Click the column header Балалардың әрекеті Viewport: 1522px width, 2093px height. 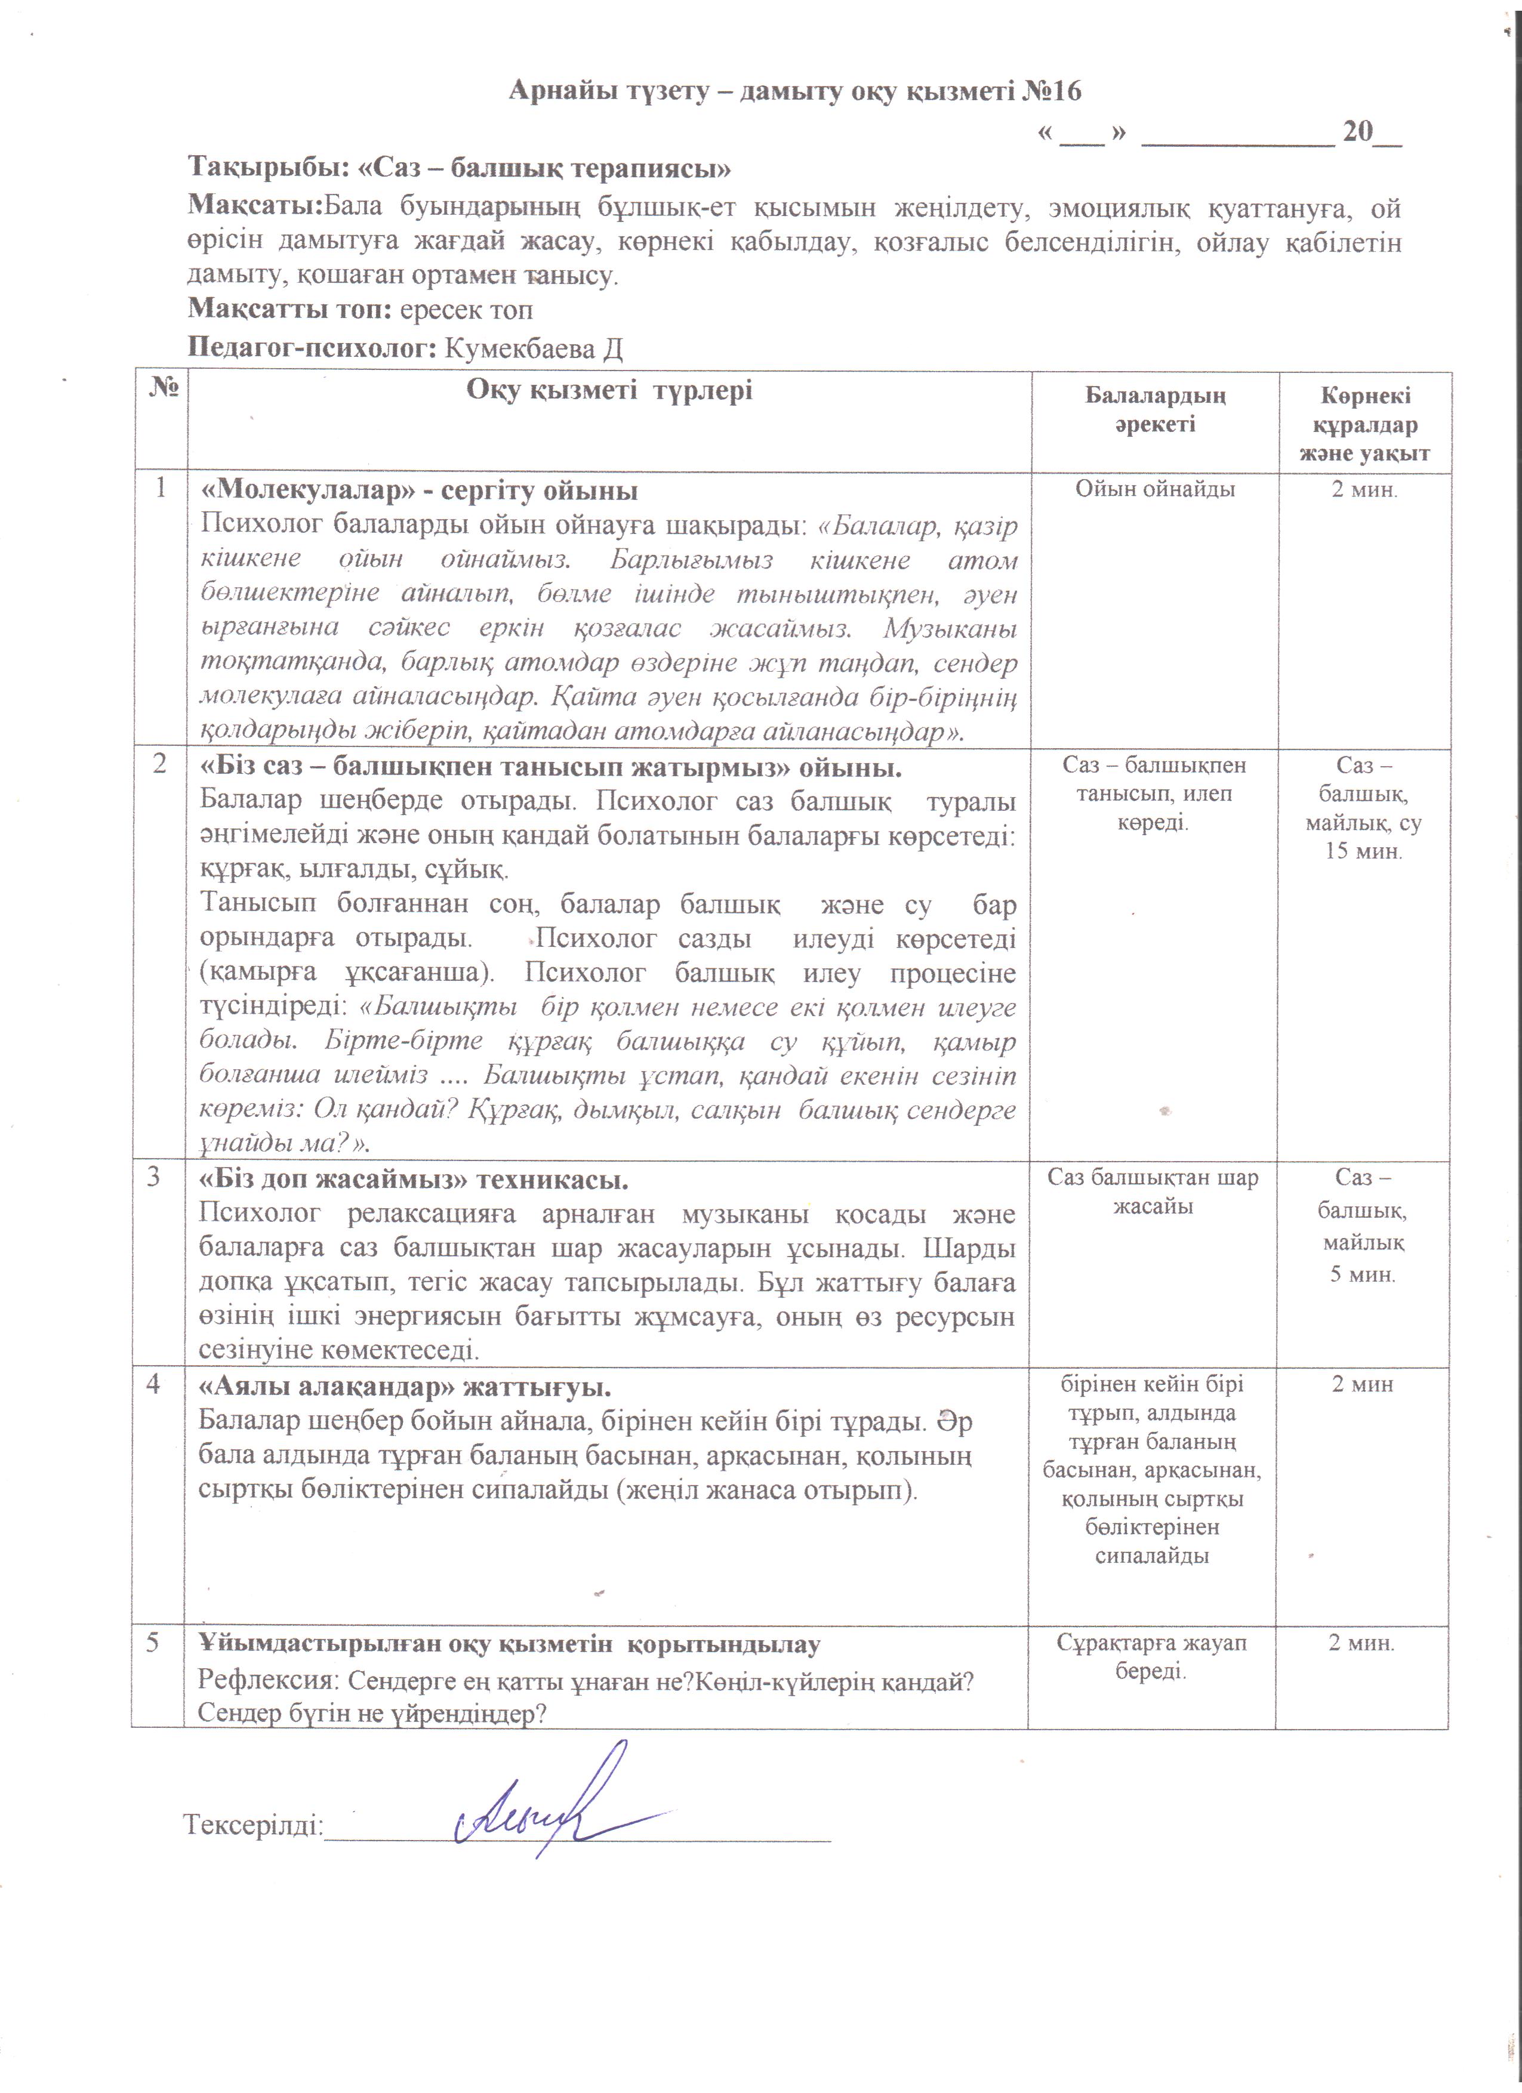pyautogui.click(x=1155, y=410)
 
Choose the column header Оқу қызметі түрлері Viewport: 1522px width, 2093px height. pyautogui.click(x=609, y=390)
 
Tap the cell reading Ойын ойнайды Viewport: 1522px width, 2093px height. pyautogui.click(x=1155, y=489)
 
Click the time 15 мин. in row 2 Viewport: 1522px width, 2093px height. pyautogui.click(x=1363, y=850)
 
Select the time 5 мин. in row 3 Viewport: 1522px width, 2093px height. pyautogui.click(x=1363, y=1274)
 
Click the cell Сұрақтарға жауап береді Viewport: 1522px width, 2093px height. pyautogui.click(x=1151, y=1656)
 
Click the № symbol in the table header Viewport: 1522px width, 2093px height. pyautogui.click(x=162, y=388)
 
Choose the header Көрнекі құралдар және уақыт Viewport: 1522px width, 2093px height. pyautogui.click(x=1364, y=424)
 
